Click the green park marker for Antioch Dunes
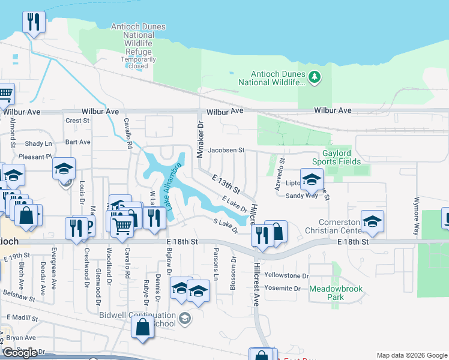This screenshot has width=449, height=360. click(314, 77)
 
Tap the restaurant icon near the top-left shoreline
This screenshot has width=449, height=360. click(33, 23)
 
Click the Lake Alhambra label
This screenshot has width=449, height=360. click(172, 186)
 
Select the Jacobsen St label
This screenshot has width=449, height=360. click(226, 150)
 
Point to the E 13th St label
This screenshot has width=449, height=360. click(226, 183)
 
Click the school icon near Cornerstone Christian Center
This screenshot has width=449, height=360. click(372, 221)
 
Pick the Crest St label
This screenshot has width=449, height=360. click(77, 121)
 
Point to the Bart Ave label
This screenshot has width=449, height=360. click(77, 142)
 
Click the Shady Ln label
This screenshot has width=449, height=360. click(38, 144)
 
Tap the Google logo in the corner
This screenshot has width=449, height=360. click(20, 353)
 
